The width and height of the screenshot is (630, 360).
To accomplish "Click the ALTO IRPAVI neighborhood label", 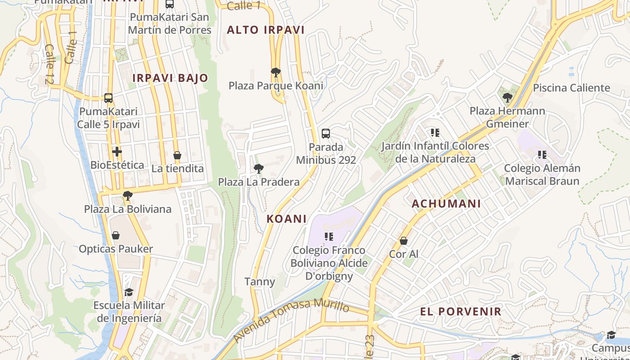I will point(265,30).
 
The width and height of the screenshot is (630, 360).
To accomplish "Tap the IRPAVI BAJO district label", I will point(170,78).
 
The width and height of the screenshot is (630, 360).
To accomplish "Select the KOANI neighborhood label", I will point(287,219).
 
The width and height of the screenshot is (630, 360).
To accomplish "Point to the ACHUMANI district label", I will point(446,204).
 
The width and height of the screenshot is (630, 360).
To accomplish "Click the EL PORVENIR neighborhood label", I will point(461,311).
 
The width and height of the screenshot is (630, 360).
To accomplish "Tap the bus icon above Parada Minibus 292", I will point(326,134).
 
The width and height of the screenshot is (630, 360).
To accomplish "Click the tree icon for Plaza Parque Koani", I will point(276,72).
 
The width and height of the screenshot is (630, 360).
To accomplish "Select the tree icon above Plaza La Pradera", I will point(258,169).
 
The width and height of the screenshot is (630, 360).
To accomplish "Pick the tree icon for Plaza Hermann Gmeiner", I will point(507,97).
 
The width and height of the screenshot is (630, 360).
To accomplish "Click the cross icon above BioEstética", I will point(117,152).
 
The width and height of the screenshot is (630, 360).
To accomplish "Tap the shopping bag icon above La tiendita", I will point(177,156).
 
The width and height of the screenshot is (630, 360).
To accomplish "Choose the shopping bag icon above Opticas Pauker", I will point(116,235).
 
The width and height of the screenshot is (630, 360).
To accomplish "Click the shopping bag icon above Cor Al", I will point(404,241).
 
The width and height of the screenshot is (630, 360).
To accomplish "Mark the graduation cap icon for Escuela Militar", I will point(129,292).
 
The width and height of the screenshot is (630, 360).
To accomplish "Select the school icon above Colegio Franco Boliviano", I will point(329,237).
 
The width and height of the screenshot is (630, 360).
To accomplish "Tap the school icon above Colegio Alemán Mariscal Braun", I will point(542,155).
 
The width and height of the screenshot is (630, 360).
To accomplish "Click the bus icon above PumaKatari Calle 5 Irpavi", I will point(108,98).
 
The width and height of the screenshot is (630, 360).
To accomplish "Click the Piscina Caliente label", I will point(571,88).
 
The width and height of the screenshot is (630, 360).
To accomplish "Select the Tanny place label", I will point(260,282).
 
